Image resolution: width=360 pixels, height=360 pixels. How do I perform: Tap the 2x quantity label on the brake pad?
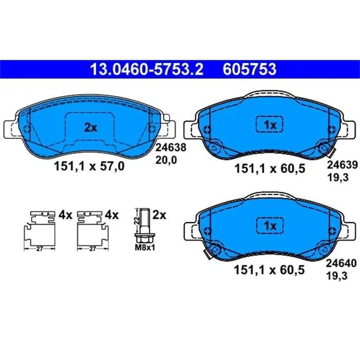pyautogui.click(x=91, y=128)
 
